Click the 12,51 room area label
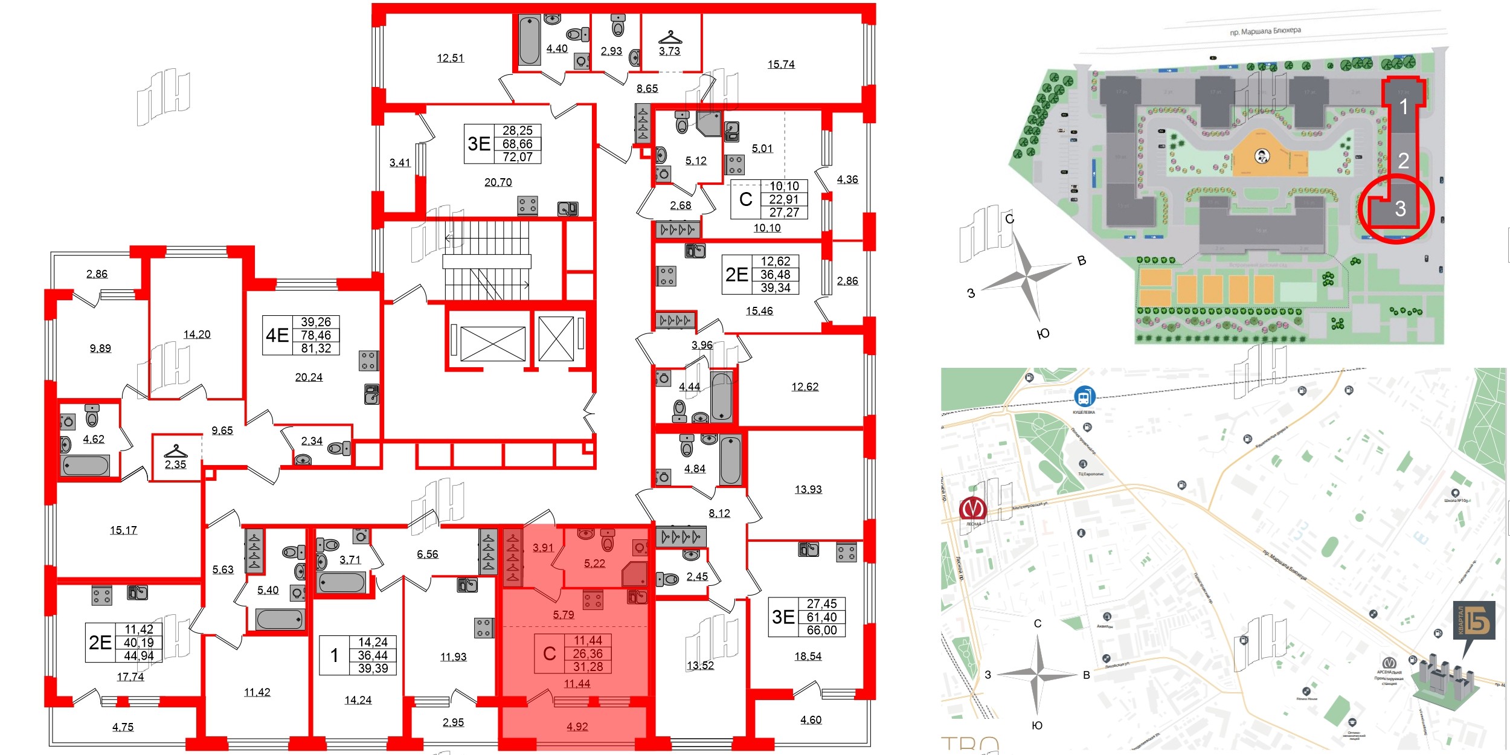click(450, 58)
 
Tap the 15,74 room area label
click(780, 64)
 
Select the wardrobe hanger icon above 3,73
click(670, 37)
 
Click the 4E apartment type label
click(277, 335)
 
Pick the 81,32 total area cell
click(315, 349)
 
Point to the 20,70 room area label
click(498, 182)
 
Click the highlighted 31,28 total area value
click(588, 667)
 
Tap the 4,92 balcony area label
click(577, 727)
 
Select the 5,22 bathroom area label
click(594, 563)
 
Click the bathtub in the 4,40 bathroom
click(529, 40)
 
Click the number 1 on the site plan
click(1403, 107)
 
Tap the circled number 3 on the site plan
click(1400, 209)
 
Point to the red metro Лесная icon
click(972, 508)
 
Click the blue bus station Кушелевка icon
click(1084, 397)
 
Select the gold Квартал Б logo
click(1474, 620)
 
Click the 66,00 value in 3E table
click(821, 630)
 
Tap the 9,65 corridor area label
click(222, 431)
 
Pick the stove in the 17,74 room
click(101, 596)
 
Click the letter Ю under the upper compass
click(1043, 333)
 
